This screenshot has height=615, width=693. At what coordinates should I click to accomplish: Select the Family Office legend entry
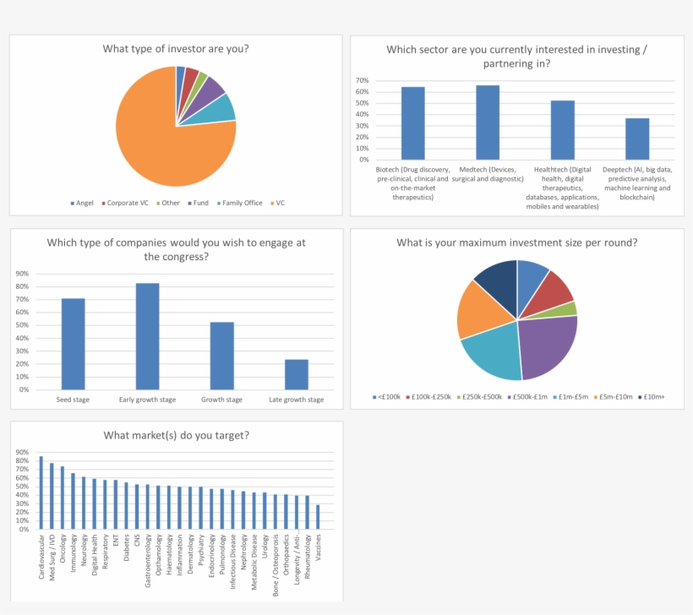pyautogui.click(x=241, y=203)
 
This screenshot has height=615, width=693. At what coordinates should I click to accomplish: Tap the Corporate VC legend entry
pyautogui.click(x=127, y=203)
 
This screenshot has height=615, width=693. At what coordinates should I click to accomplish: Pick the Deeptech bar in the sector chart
pyautogui.click(x=637, y=139)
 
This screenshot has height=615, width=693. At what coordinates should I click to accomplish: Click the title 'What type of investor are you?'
pyautogui.click(x=176, y=48)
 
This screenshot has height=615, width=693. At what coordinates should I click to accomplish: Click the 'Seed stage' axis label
pyautogui.click(x=74, y=400)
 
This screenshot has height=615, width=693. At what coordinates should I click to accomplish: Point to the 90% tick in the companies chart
pyautogui.click(x=22, y=274)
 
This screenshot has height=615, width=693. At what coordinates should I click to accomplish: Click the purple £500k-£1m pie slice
pyautogui.click(x=545, y=346)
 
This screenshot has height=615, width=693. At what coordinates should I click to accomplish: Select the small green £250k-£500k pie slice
pyautogui.click(x=569, y=309)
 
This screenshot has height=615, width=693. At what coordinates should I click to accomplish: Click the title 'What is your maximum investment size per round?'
pyautogui.click(x=516, y=242)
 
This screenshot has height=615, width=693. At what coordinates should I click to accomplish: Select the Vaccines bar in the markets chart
pyautogui.click(x=318, y=517)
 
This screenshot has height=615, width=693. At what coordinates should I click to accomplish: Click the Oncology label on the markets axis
pyautogui.click(x=63, y=550)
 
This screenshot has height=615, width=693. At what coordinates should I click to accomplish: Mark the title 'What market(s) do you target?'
pyautogui.click(x=176, y=435)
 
